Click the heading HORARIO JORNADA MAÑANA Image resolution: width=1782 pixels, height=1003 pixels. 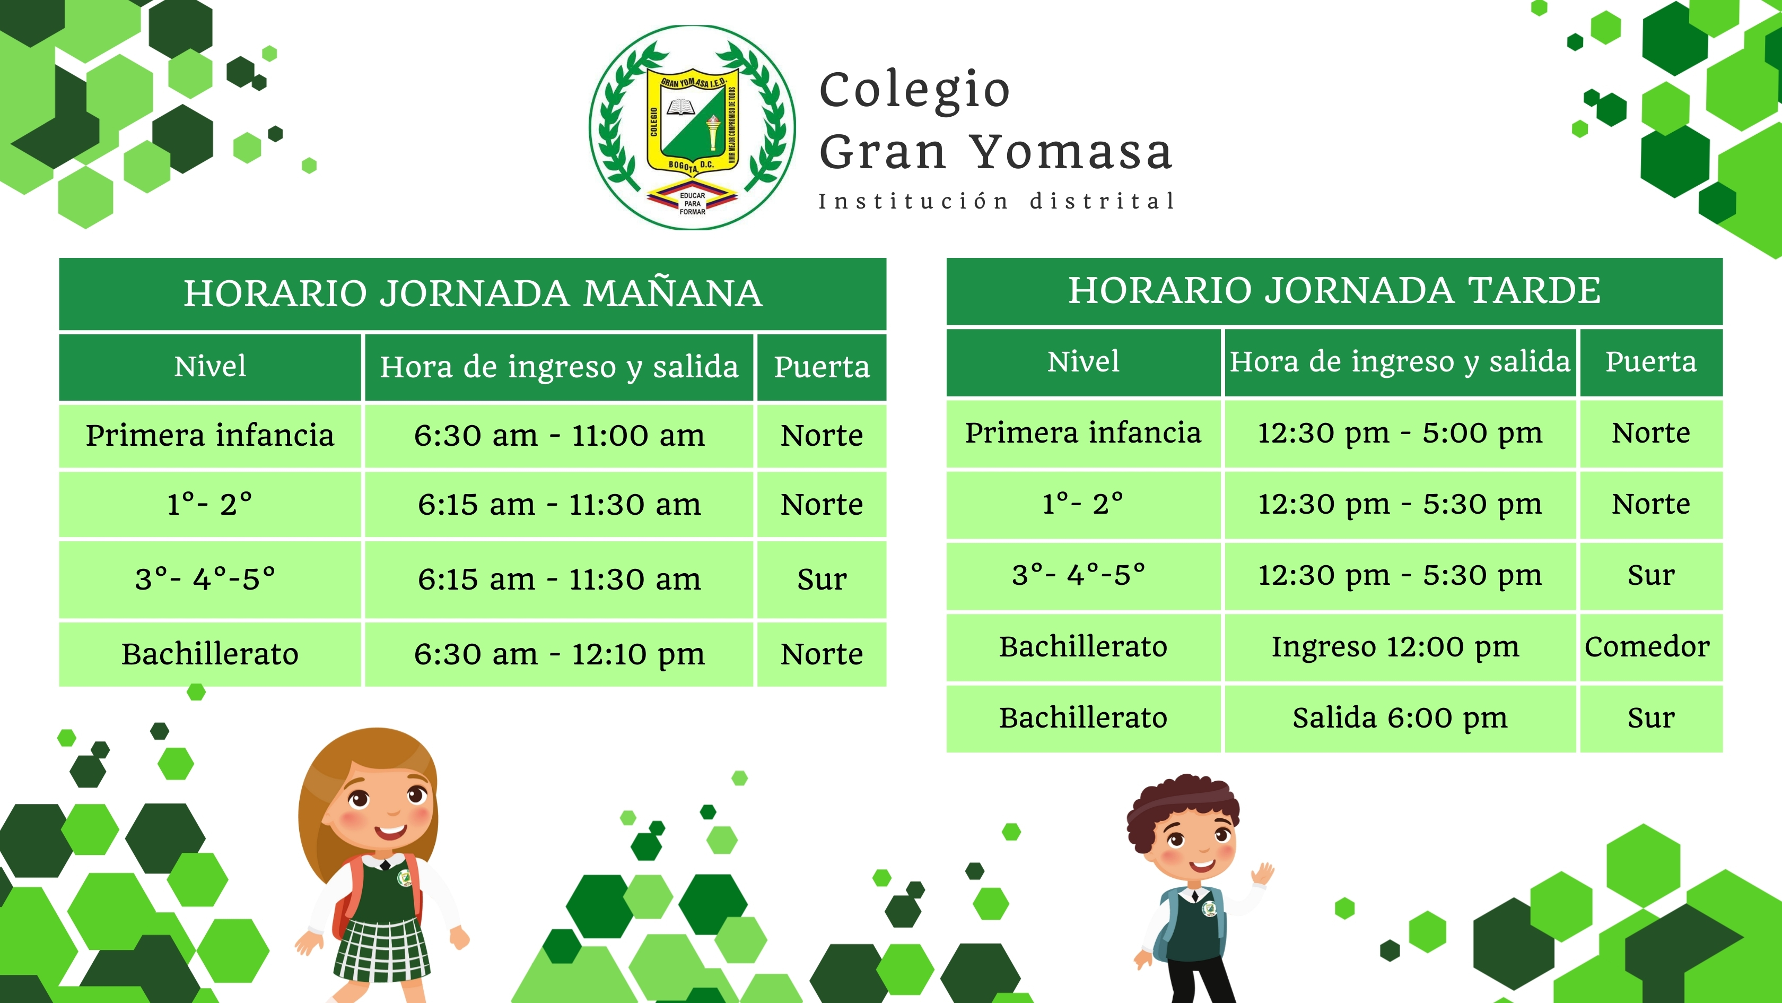tap(473, 293)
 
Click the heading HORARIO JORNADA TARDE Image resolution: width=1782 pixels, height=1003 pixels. tap(1334, 290)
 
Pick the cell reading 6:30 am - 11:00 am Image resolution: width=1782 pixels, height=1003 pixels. tap(559, 435)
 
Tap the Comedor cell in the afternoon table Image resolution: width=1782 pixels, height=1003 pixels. tap(1650, 646)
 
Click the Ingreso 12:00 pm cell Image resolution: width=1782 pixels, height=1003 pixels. tap(1400, 646)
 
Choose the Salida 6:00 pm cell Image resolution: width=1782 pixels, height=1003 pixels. tap(1400, 718)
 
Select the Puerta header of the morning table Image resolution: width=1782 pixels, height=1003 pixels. tap(822, 367)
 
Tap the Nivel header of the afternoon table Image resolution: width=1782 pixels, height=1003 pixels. tap(1084, 362)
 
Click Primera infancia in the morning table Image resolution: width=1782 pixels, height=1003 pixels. tap(211, 435)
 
